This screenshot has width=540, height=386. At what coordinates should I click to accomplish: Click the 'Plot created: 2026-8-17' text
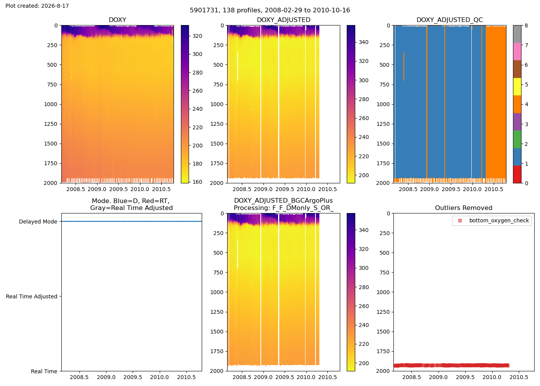coord(37,6)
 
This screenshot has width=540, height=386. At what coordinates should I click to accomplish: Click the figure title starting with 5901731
coord(270,10)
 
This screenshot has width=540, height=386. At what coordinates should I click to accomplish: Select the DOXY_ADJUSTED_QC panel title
coord(450,20)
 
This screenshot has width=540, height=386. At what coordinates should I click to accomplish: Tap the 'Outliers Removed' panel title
coord(464,208)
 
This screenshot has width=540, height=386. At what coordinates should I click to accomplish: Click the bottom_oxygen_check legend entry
coord(494,220)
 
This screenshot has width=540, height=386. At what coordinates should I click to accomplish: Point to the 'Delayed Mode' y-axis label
coord(38,222)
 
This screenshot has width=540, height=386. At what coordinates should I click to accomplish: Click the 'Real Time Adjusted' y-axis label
coord(32,296)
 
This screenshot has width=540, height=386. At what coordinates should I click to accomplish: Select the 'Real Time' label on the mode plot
coord(44,371)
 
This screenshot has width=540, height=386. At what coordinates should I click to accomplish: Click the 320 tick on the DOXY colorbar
coord(197,36)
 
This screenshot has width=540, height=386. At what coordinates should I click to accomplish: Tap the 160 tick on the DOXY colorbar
coord(197,182)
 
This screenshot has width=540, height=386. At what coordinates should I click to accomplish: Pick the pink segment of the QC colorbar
coord(517,52)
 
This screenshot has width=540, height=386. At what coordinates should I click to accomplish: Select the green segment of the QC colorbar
coord(517,139)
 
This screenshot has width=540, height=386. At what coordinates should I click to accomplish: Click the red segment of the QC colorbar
coord(517,174)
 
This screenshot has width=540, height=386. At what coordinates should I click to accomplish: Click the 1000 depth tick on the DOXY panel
coord(51,105)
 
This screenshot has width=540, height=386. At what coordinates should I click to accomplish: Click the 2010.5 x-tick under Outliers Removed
coord(518,378)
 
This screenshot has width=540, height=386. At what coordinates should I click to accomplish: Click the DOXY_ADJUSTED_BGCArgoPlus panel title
coord(283,201)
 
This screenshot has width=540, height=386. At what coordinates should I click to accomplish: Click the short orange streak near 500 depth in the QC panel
coord(404,66)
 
